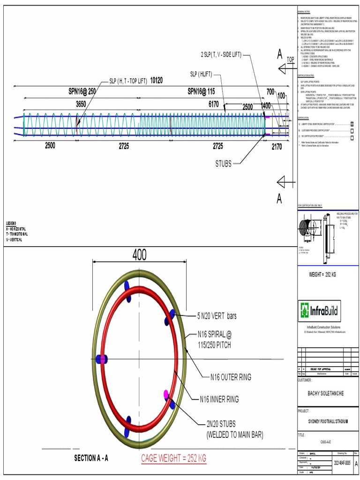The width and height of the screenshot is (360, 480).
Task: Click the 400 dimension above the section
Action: (139, 255)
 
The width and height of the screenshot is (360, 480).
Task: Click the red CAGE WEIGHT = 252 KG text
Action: (173, 458)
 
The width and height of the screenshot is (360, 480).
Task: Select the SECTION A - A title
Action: (95, 458)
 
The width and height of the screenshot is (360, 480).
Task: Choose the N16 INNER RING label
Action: (219, 399)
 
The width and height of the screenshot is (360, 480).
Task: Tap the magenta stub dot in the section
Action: (165, 394)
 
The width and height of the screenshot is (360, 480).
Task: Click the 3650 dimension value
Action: (81, 105)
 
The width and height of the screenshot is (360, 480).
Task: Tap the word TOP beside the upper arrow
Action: (290, 60)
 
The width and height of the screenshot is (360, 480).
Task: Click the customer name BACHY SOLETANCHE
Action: (325, 393)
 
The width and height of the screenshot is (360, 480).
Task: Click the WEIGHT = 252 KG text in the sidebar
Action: (322, 274)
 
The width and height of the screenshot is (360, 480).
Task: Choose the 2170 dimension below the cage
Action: (277, 146)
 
